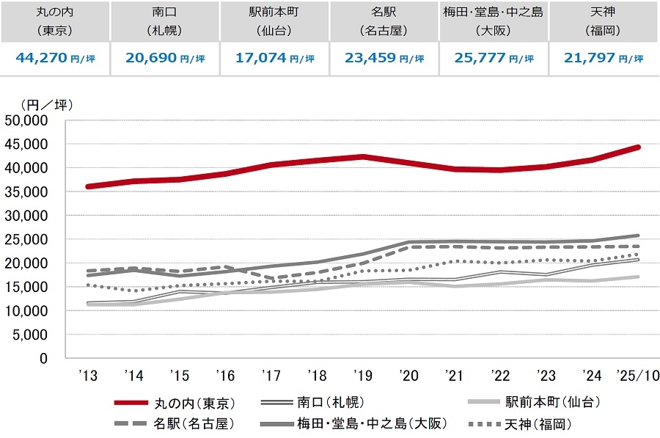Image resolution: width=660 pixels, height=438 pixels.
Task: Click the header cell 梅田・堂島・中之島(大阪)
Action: tap(494, 21)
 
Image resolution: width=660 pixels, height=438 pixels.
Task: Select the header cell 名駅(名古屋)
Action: tap(384, 21)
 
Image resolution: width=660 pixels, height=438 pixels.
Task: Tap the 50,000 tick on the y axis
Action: tap(26, 120)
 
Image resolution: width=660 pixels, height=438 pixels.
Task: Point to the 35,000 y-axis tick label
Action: tap(26, 191)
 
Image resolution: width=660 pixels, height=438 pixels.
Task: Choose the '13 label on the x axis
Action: tap(88, 376)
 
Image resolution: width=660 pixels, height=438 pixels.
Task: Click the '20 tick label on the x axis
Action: tap(409, 376)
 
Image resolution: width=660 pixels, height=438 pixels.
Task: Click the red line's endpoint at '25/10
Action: tap(639, 147)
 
